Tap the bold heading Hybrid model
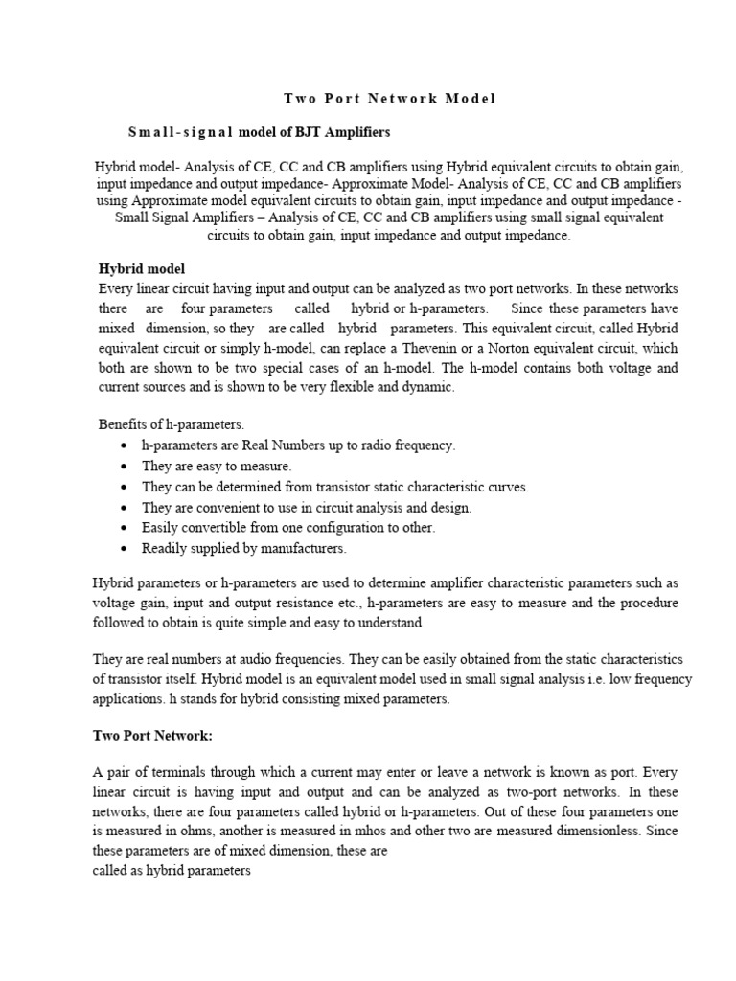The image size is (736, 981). pos(142,268)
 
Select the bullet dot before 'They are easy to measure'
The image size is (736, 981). pos(126,467)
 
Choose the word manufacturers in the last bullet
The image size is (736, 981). pos(299,549)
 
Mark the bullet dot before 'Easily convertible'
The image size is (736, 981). pos(126,529)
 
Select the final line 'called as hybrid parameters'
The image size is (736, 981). pos(172,871)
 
